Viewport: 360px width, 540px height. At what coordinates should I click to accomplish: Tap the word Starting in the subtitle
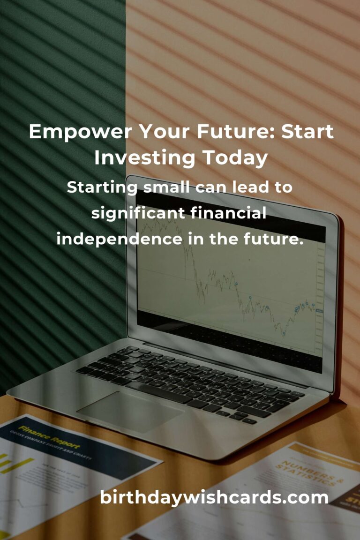tap(102, 188)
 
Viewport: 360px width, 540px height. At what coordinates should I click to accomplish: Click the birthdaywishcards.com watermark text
tap(214, 497)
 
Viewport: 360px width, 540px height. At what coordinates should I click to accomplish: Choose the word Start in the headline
tap(307, 132)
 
